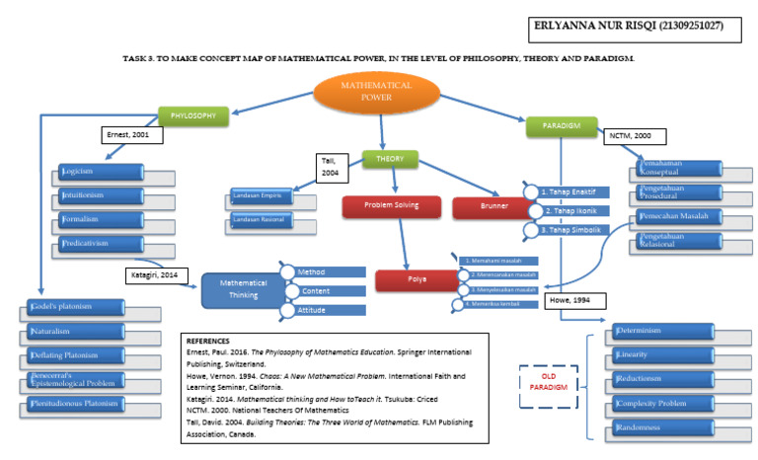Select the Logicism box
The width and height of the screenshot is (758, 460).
pos(87,171)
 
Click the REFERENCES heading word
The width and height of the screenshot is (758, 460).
pos(208,340)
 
